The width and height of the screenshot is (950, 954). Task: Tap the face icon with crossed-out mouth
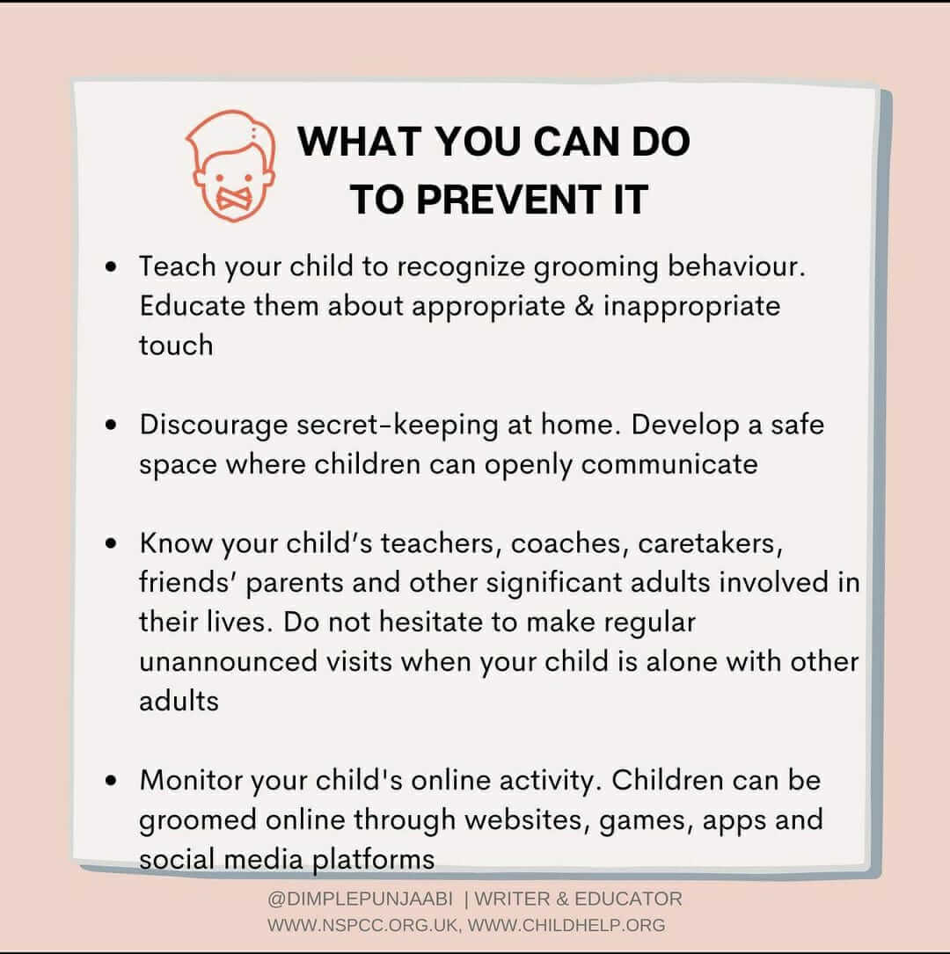(x=230, y=166)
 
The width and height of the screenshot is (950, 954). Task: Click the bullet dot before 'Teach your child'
(x=111, y=266)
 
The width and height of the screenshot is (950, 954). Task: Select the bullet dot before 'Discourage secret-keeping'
(x=111, y=425)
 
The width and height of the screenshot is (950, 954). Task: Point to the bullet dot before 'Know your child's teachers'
(x=111, y=543)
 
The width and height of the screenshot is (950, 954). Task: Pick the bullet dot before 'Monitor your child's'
(x=111, y=780)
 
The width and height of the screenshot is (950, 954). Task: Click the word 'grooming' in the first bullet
(x=596, y=268)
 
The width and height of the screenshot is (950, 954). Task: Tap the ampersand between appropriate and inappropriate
(x=583, y=305)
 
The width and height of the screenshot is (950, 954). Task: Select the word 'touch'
(x=176, y=345)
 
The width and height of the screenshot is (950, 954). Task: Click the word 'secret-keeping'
(x=398, y=426)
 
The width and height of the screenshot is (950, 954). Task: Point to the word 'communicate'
(x=669, y=464)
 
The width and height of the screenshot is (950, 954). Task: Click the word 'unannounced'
(x=228, y=661)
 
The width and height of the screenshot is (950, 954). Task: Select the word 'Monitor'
(x=191, y=780)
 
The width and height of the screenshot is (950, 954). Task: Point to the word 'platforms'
(x=373, y=860)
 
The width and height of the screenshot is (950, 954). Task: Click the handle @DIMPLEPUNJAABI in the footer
(x=361, y=899)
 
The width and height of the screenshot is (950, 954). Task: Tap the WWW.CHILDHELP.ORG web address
(x=566, y=925)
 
